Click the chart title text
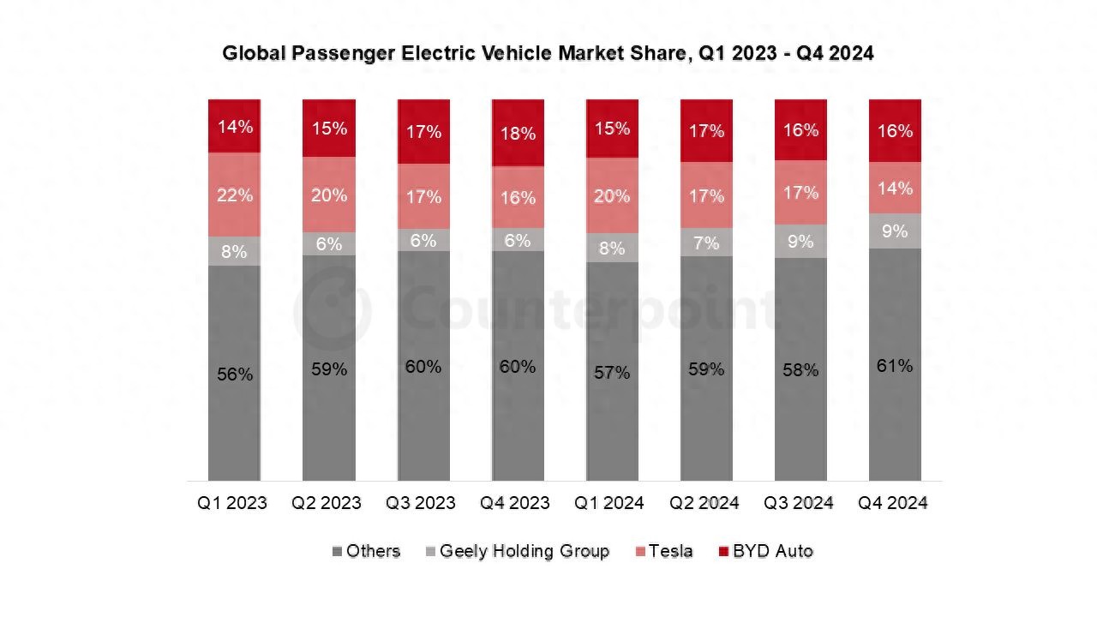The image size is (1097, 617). tap(548, 53)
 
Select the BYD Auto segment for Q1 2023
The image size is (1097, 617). tap(234, 126)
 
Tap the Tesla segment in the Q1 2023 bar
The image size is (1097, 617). tap(234, 195)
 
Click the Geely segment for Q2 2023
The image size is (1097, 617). tap(329, 243)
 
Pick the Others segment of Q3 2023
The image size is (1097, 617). tap(423, 366)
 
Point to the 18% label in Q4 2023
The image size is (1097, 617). tap(518, 134)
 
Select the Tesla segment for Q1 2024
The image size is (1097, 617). tap(612, 195)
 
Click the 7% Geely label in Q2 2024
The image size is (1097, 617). tap(706, 243)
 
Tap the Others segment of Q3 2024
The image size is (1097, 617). tap(800, 369)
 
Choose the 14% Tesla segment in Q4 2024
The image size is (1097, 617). tap(895, 188)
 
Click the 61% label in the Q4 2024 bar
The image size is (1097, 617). tap(895, 366)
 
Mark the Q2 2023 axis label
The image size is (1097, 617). tap(327, 503)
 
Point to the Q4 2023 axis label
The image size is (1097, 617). tap(515, 503)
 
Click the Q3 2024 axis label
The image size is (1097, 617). tap(799, 503)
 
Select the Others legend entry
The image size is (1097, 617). tap(366, 551)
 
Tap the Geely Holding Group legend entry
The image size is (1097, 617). tap(517, 551)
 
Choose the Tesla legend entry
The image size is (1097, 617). tap(662, 551)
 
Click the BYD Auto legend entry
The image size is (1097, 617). tap(764, 551)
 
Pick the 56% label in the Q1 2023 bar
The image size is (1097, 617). tap(234, 374)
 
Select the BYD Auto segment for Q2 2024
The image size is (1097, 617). tap(706, 130)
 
